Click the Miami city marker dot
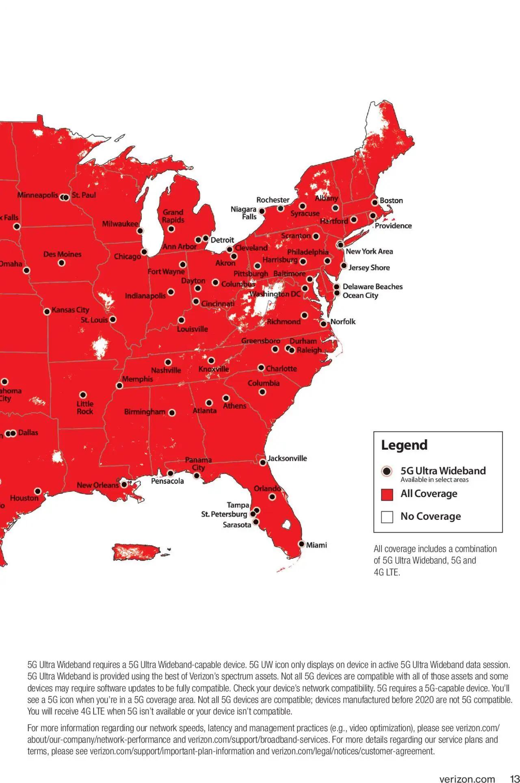pyautogui.click(x=301, y=544)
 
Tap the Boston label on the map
pyautogui.click(x=391, y=200)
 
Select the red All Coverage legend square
pyautogui.click(x=387, y=495)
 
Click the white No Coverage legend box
pyautogui.click(x=387, y=517)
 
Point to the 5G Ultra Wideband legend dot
pyautogui.click(x=387, y=471)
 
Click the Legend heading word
pyautogui.click(x=404, y=445)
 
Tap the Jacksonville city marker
pyautogui.click(x=262, y=462)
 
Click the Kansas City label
pyautogui.click(x=70, y=310)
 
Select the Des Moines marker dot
pyautogui.click(x=62, y=263)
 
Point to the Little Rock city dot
pyautogui.click(x=83, y=395)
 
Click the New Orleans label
pyautogui.click(x=97, y=485)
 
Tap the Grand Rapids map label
pyautogui.click(x=173, y=216)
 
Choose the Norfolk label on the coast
pyautogui.click(x=343, y=321)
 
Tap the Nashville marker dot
pyautogui.click(x=168, y=362)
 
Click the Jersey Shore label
pyautogui.click(x=369, y=267)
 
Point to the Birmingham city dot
pyautogui.click(x=172, y=413)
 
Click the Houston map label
pyautogui.click(x=24, y=498)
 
